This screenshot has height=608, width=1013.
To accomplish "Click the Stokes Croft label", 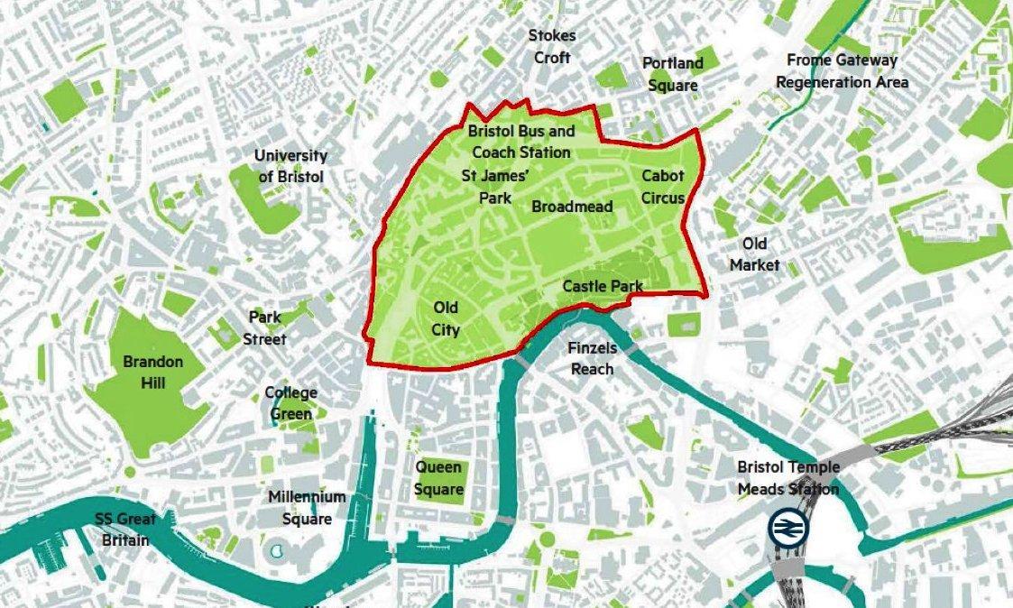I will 552,47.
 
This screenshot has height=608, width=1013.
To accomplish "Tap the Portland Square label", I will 672,74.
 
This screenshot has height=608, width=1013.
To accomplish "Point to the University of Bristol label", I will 290,167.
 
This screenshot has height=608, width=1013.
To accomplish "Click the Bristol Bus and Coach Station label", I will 521,142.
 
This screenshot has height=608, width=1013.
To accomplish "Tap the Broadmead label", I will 572,207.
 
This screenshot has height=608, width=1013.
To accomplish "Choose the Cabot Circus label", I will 663,187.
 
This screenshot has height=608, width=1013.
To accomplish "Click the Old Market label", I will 754,254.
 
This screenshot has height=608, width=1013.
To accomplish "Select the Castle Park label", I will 603,286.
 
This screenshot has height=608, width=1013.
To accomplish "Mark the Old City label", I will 446,318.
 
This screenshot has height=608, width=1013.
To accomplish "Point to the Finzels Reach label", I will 592,358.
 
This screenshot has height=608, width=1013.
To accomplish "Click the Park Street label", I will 267,328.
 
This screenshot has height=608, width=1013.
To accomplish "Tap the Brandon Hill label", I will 152,373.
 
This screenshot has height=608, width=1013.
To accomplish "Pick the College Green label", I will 290,403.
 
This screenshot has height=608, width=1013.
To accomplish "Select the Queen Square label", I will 438,478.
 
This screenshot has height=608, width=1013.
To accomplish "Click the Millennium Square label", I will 307,508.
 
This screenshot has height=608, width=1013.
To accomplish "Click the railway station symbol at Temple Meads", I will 789,528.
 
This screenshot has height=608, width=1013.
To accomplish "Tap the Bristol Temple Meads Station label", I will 788,478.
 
